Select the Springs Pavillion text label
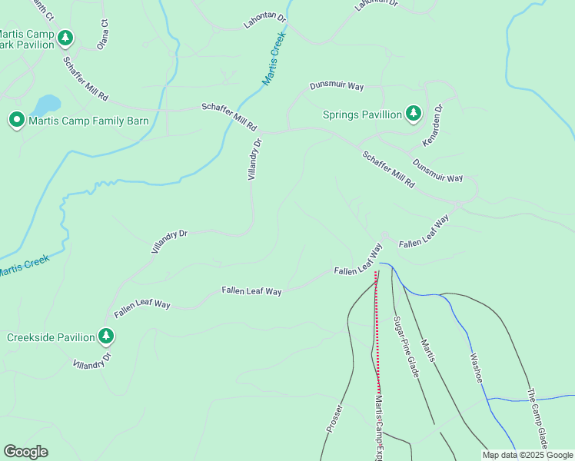pos(362,114)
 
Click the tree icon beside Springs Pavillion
pos(414,114)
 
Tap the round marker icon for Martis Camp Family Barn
pos(16,120)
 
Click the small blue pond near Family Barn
pos(47,104)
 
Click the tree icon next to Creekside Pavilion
pos(106,336)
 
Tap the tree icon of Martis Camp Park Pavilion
pos(66,37)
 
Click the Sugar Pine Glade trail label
pos(405,346)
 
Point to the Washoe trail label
pos(473,368)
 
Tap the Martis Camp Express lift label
pos(378,426)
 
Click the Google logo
pos(25,452)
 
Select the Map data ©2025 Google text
pos(527,455)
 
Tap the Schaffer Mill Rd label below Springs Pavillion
pos(388,169)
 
